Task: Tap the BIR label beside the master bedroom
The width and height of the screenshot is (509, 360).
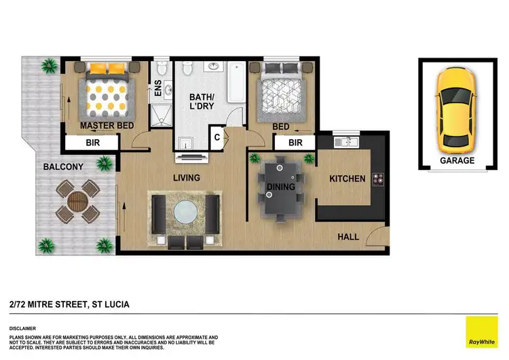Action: pyautogui.click(x=92, y=143)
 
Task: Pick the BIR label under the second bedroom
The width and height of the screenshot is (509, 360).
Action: pyautogui.click(x=295, y=143)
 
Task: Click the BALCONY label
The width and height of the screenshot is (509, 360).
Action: pyautogui.click(x=63, y=166)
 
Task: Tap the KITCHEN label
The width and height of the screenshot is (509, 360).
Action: pyautogui.click(x=347, y=179)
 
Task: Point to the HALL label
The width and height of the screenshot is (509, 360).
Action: pyautogui.click(x=349, y=236)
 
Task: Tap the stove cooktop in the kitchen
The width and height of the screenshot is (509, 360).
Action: pyautogui.click(x=378, y=179)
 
